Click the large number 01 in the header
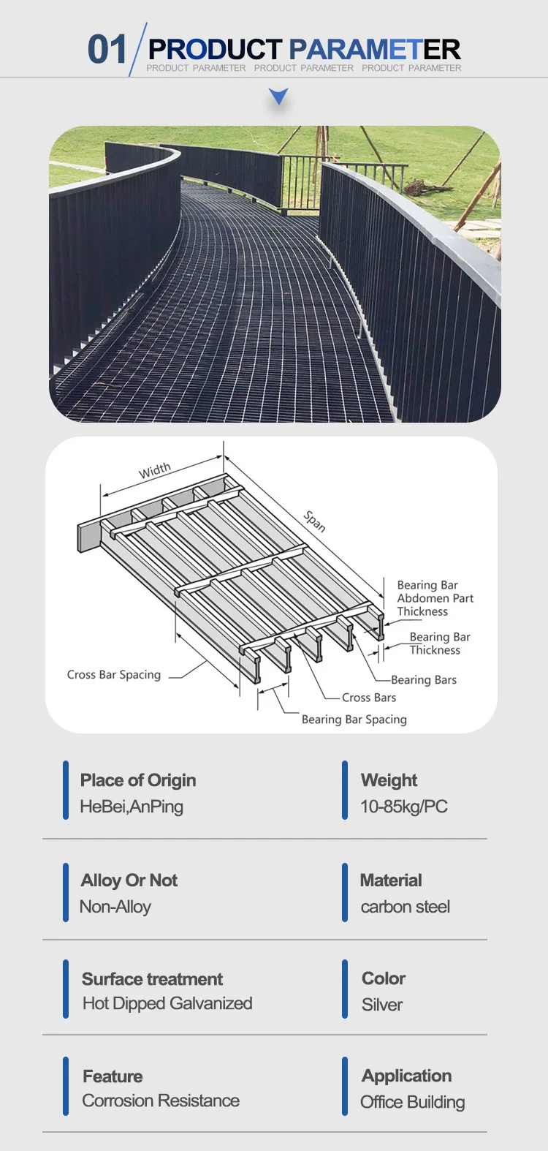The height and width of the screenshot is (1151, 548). pyautogui.click(x=107, y=50)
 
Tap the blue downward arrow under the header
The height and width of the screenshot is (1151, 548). pyautogui.click(x=278, y=96)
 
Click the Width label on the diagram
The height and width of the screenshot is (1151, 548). pyautogui.click(x=155, y=470)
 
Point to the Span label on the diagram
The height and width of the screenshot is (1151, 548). pyautogui.click(x=315, y=521)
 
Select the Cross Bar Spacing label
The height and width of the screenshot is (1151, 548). pyautogui.click(x=114, y=675)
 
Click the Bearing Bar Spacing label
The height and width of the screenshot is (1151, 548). pyautogui.click(x=354, y=720)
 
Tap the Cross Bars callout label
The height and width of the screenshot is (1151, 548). pyautogui.click(x=369, y=698)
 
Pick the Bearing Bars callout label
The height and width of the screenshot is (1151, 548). pyautogui.click(x=424, y=680)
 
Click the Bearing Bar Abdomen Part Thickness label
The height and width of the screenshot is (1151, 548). pyautogui.click(x=435, y=598)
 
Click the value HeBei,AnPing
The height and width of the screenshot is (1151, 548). pyautogui.click(x=132, y=807)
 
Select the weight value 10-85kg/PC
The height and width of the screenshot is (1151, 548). pyautogui.click(x=404, y=807)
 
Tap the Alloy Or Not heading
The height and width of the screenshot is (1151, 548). pyautogui.click(x=129, y=880)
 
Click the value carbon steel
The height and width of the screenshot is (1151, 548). pyautogui.click(x=406, y=907)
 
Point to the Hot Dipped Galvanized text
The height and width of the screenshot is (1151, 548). pyautogui.click(x=167, y=1003)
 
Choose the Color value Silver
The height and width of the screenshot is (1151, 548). pyautogui.click(x=382, y=1005)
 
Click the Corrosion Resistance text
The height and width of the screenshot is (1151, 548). pyautogui.click(x=161, y=1101)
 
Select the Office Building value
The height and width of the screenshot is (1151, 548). pyautogui.click(x=413, y=1102)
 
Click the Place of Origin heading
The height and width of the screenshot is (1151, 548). pyautogui.click(x=138, y=780)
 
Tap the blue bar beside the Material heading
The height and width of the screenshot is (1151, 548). pyautogui.click(x=345, y=893)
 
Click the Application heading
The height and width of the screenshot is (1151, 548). pyautogui.click(x=407, y=1076)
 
